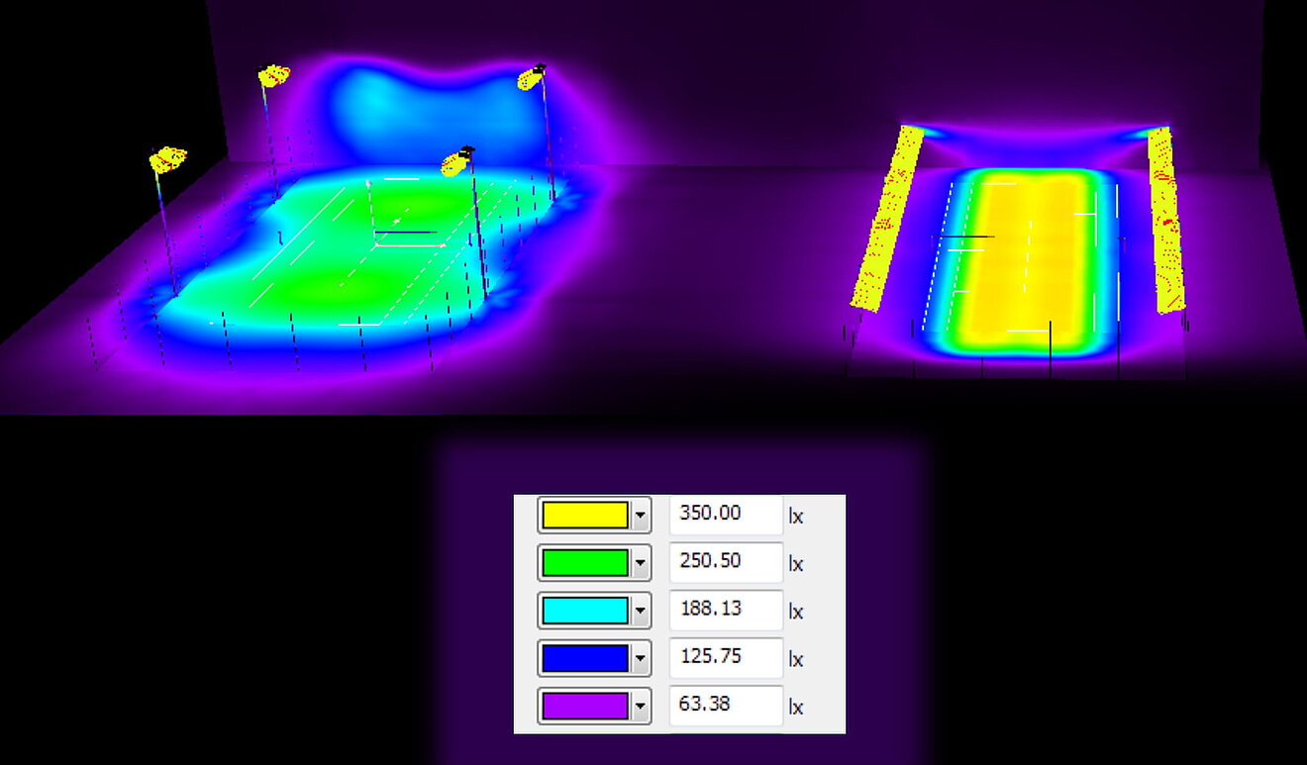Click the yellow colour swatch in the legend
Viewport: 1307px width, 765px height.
(584, 516)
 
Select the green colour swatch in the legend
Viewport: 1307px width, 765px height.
(584, 563)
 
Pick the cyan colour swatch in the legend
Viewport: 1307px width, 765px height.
(584, 611)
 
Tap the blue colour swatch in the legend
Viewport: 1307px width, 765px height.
(584, 659)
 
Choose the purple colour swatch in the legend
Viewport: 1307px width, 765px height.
(584, 707)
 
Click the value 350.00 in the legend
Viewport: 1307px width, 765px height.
(710, 513)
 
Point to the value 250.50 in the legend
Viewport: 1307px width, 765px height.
(710, 561)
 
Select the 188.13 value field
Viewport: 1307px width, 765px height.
(726, 610)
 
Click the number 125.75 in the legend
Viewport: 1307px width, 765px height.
(711, 656)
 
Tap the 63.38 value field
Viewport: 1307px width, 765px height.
(726, 706)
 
